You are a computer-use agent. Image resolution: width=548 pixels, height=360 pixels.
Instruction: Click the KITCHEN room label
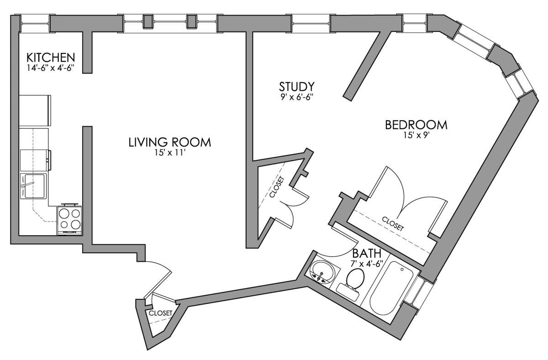(x=50, y=58)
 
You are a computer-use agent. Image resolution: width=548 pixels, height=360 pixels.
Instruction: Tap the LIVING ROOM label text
(x=169, y=142)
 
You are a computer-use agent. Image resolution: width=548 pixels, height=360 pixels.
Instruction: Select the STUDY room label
(x=297, y=86)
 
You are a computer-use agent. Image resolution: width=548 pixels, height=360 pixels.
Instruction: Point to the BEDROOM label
(x=416, y=125)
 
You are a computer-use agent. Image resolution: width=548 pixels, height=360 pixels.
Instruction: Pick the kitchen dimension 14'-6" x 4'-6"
(x=50, y=68)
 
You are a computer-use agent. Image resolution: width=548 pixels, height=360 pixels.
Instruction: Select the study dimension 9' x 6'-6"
(x=297, y=97)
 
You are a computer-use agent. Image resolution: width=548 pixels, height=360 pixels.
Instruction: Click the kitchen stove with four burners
(x=69, y=220)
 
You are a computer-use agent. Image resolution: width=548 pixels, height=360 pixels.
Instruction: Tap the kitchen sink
(x=34, y=186)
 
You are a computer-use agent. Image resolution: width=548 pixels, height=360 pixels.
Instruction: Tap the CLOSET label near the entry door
(x=160, y=313)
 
